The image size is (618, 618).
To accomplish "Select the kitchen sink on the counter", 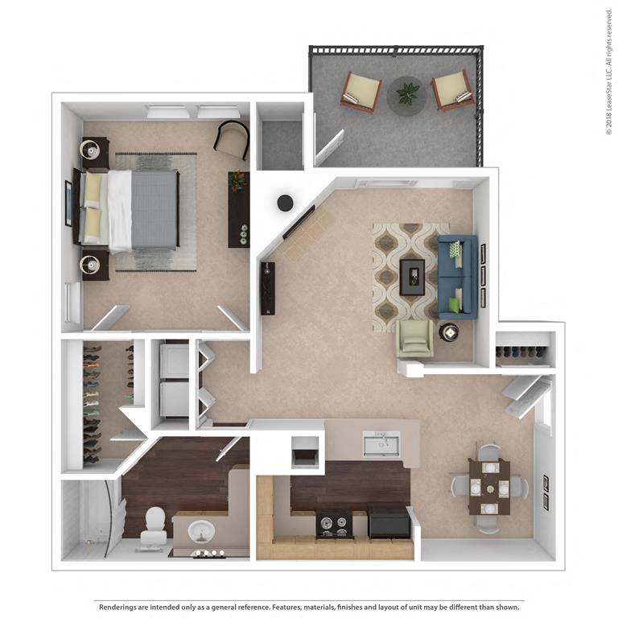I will coord(381,443).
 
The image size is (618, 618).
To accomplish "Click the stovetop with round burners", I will coord(333,524).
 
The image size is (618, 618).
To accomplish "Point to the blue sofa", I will coord(457,277).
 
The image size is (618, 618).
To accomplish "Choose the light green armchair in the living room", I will coord(414,340).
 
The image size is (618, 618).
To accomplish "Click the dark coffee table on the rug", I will coord(413,276).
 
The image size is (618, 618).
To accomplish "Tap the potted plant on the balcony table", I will coord(407,93).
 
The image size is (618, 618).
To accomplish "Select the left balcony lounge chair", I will coord(360,91).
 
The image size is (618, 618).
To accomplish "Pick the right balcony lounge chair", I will coord(453,90).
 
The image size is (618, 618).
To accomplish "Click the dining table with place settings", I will coord(488,486).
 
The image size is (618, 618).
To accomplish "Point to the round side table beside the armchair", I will coord(448,332).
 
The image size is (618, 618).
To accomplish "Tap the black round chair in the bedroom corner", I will coord(233,140).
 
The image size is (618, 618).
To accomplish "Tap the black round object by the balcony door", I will coord(286,204).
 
